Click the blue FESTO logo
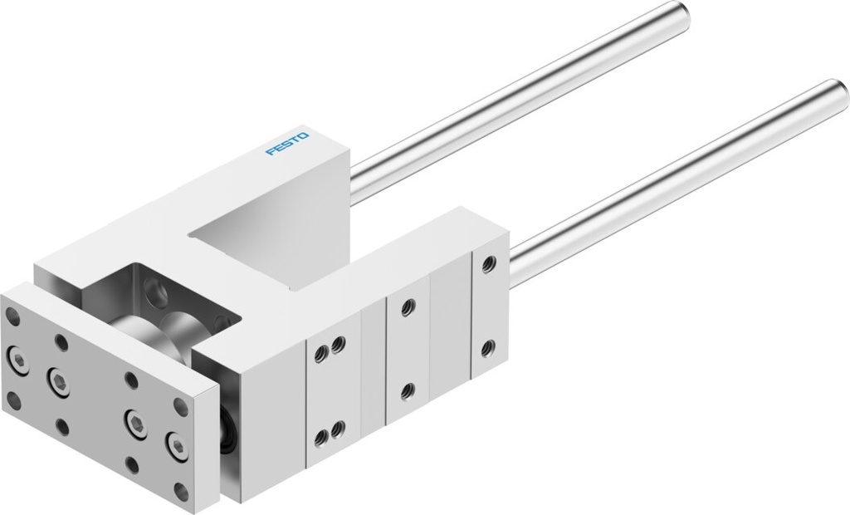(287, 142)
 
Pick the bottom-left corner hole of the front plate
(13, 404)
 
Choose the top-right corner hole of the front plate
(180, 406)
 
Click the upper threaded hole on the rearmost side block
(488, 264)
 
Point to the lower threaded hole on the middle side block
(407, 390)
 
